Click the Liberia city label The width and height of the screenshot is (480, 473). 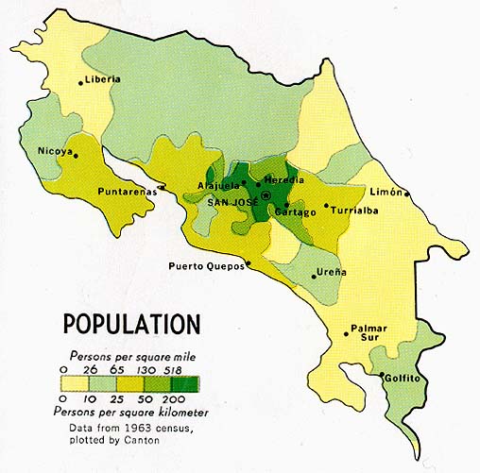coord(103,79)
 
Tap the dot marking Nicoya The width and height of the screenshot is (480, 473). coord(76,158)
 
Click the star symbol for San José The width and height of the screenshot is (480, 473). coord(266,195)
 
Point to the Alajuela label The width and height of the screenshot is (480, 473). coord(218,185)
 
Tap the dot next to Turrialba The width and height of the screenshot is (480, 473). coord(327,205)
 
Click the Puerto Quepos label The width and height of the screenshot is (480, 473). coord(207,266)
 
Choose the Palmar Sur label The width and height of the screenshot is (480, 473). coord(369,332)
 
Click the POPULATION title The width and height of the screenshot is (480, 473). coord(131,324)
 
